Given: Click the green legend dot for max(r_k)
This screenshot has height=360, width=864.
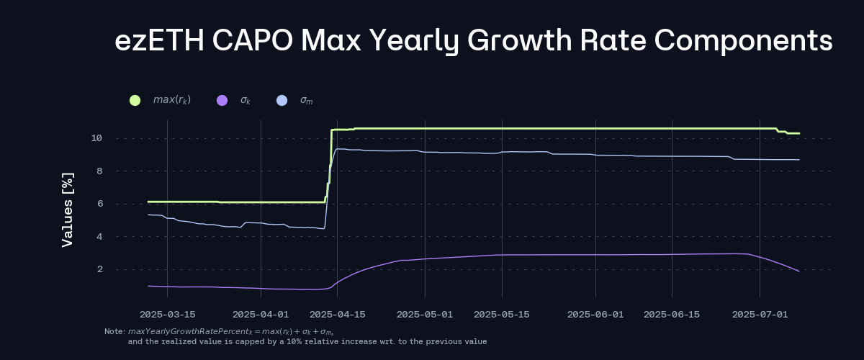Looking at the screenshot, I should point(135,100).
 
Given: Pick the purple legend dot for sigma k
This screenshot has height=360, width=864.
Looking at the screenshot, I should point(222,100).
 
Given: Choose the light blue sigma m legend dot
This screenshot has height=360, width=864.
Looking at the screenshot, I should point(282,100).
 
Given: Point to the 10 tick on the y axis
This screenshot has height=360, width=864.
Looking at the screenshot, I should point(96,138).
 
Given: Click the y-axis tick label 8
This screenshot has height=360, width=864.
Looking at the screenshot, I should point(99,171).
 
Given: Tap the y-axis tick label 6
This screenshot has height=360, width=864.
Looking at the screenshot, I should point(99,204).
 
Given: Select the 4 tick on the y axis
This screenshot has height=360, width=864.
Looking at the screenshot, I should point(99,237).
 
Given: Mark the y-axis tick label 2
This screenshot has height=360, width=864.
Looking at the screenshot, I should point(99,269).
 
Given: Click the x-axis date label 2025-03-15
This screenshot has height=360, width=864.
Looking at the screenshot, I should point(167,315).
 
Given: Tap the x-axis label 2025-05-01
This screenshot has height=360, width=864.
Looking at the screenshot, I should point(425,315).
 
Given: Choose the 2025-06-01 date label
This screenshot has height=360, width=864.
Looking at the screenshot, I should point(595,315).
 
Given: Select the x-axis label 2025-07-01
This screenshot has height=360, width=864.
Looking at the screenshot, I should point(760,315).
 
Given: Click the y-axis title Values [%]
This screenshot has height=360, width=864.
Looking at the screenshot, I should point(68,210).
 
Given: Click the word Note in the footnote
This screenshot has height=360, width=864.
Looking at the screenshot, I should point(114,331).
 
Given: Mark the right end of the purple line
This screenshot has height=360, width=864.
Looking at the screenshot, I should point(798,271).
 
